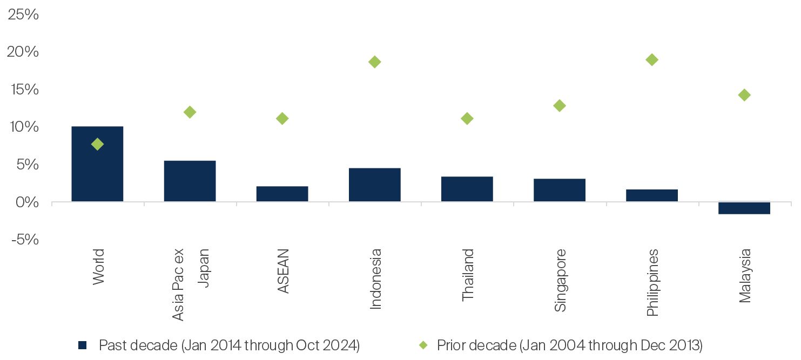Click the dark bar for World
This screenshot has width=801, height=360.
[x=97, y=173]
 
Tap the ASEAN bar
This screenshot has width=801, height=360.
[x=282, y=194]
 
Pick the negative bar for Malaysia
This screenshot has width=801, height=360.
[x=744, y=208]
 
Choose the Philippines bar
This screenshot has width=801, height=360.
[x=651, y=195]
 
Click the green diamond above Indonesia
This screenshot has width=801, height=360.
[x=375, y=62]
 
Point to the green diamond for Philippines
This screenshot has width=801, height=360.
[x=652, y=59]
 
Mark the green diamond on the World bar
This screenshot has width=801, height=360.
[x=97, y=144]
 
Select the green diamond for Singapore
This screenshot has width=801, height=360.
[x=560, y=105]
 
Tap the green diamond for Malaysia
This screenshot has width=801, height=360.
[x=744, y=95]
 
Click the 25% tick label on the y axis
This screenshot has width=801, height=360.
[x=23, y=15]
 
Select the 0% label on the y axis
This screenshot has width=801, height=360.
[x=27, y=202]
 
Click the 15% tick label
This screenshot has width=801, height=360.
[x=23, y=90]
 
